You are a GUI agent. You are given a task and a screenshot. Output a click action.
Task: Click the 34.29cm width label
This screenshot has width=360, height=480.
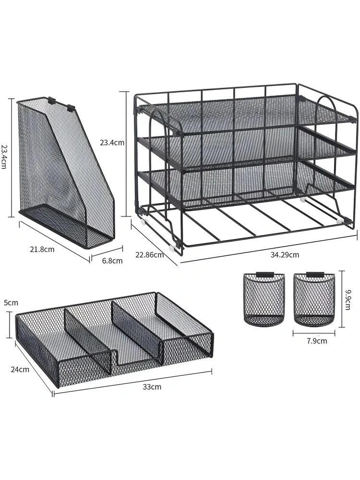coord(284,254)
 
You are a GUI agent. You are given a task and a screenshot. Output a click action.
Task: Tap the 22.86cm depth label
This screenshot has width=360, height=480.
coord(149,254)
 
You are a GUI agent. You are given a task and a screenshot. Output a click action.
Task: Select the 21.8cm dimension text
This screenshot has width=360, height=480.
coord(42,249)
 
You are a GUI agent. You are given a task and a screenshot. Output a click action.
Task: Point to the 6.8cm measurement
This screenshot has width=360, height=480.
coord(112,261)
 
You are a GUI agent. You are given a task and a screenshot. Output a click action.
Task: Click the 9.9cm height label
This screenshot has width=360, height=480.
coord(348,300)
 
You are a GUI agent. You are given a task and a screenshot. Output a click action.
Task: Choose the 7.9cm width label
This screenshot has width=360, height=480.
coord(317,341)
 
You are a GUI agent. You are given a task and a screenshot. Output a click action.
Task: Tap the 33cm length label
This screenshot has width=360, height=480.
coord(152,386)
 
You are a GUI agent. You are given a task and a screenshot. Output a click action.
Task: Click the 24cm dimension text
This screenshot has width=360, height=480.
coord(20,370)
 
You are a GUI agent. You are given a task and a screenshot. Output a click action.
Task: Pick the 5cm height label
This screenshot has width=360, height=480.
coord(11,303)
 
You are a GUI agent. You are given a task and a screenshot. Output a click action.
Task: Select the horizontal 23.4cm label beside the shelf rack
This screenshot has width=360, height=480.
coord(112,143)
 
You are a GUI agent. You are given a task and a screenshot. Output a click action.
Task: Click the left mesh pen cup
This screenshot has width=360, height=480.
coord(264,299)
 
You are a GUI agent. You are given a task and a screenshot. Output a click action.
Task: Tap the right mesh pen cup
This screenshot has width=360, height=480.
coord(314,299)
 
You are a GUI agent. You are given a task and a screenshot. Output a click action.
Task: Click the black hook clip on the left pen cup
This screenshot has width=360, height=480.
coord(264,274)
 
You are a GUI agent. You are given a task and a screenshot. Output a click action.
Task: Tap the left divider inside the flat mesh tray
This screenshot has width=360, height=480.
coord(87,339)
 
